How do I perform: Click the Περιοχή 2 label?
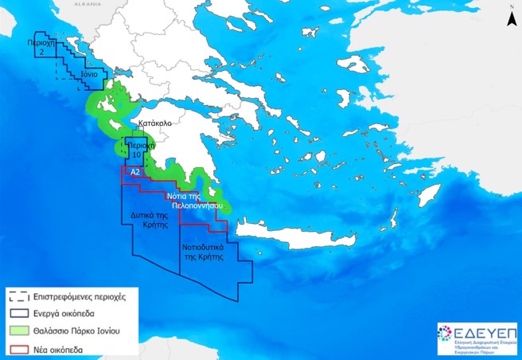[x=40, y=47]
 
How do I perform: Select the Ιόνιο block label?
[x=89, y=74]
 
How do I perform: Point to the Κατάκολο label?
[x=155, y=125]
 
